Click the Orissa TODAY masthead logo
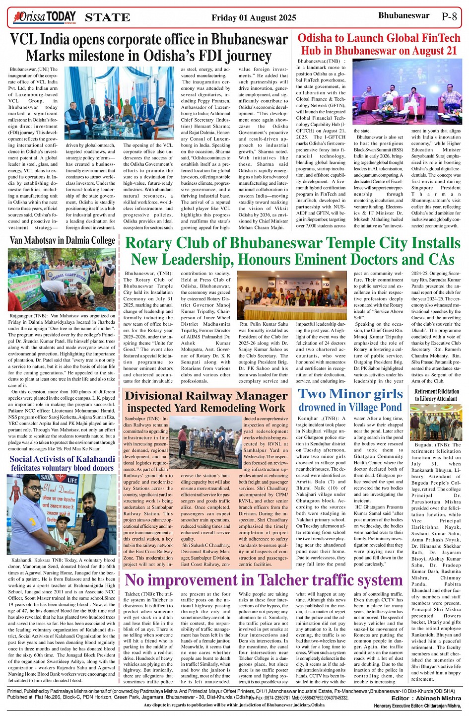pos(45,18)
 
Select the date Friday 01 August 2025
pos(254,18)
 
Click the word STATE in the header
pos(108,18)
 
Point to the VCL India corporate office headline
pos(149,47)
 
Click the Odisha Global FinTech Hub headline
pos(379,44)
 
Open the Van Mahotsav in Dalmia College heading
pos(63,241)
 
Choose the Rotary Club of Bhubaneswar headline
pos(293,251)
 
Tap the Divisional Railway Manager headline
pos(206,402)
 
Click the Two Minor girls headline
pos(350,400)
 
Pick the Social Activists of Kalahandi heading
pos(62,463)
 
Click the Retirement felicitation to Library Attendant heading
pos(437,395)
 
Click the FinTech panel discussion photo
pos(407,93)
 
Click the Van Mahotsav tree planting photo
pos(62,279)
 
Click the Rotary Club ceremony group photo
pos(292,295)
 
